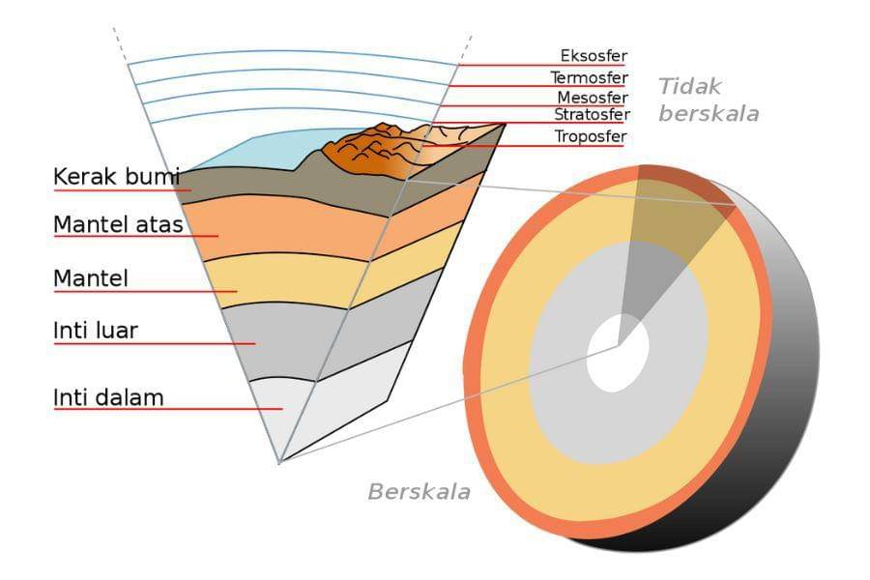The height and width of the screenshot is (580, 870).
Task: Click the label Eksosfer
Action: pyautogui.click(x=594, y=56)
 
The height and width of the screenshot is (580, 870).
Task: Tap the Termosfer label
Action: pyautogui.click(x=589, y=77)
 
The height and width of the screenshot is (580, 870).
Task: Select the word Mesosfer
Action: pyautogui.click(x=592, y=98)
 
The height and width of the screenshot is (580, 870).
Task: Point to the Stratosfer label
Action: pyautogui.click(x=591, y=115)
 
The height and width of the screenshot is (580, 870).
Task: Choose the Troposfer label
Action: pyautogui.click(x=590, y=136)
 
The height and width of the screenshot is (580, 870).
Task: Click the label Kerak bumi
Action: pyautogui.click(x=117, y=177)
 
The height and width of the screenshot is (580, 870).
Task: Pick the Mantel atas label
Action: pyautogui.click(x=118, y=225)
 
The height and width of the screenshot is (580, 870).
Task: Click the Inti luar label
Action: pyautogui.click(x=96, y=331)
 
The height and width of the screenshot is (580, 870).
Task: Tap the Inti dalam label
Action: pyautogui.click(x=108, y=396)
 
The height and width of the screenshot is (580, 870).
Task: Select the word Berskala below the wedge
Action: pyautogui.click(x=419, y=491)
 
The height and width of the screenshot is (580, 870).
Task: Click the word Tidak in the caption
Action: pyautogui.click(x=690, y=86)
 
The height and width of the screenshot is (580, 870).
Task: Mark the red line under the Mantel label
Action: pyautogui.click(x=145, y=291)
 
